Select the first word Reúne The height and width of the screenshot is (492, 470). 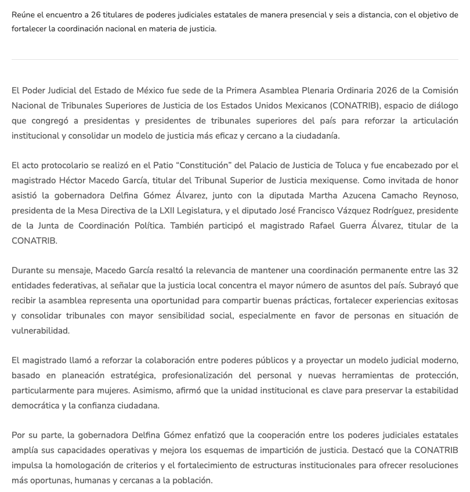pos(23,15)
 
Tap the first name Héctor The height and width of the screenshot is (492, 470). pos(73,181)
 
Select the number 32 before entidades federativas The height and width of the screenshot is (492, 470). pos(452,270)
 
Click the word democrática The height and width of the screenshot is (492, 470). pos(34,406)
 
